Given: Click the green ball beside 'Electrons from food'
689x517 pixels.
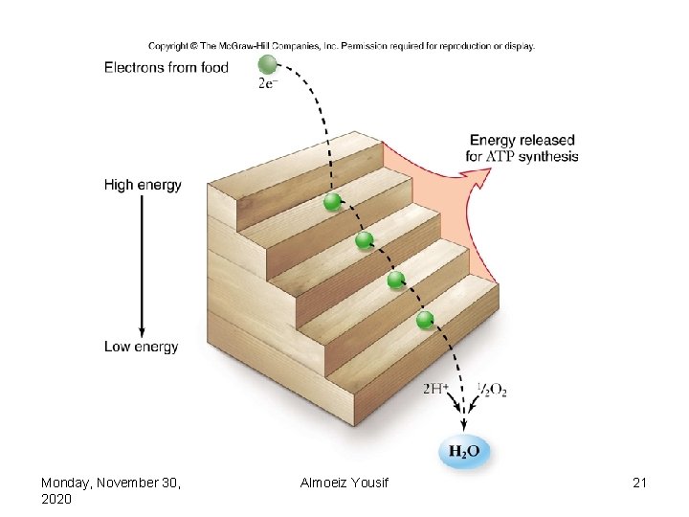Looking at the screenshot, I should pyautogui.click(x=267, y=64).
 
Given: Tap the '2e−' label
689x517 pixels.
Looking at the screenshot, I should pyautogui.click(x=270, y=83).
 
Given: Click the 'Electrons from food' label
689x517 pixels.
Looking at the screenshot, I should pyautogui.click(x=166, y=67).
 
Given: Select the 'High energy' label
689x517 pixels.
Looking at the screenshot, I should pyautogui.click(x=143, y=185).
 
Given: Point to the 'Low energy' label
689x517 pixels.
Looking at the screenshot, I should pyautogui.click(x=141, y=347).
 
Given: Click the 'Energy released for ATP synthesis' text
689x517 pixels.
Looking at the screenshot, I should pyautogui.click(x=522, y=147).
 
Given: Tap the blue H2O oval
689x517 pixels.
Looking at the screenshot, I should pyautogui.click(x=463, y=451).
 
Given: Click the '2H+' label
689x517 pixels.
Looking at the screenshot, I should pyautogui.click(x=436, y=389).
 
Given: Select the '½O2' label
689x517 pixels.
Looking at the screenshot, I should pyautogui.click(x=492, y=390).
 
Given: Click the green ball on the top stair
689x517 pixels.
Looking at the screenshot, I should pyautogui.click(x=332, y=201).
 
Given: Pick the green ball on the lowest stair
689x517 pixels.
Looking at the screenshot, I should pyautogui.click(x=426, y=319).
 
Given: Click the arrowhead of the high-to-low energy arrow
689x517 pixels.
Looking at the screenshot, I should pyautogui.click(x=142, y=328).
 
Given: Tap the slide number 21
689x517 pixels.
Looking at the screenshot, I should pyautogui.click(x=640, y=483).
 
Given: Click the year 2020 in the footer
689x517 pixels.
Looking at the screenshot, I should pyautogui.click(x=56, y=500).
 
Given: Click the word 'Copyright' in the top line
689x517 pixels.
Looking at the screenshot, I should pyautogui.click(x=168, y=45).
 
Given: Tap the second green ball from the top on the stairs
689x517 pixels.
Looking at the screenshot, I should pyautogui.click(x=364, y=240).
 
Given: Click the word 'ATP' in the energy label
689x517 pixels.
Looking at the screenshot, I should pyautogui.click(x=501, y=156).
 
